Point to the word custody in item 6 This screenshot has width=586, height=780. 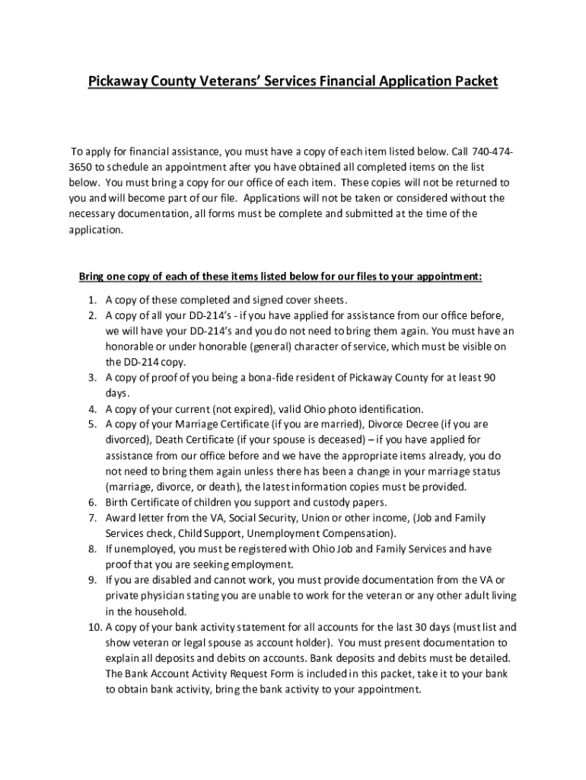coord(326,503)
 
